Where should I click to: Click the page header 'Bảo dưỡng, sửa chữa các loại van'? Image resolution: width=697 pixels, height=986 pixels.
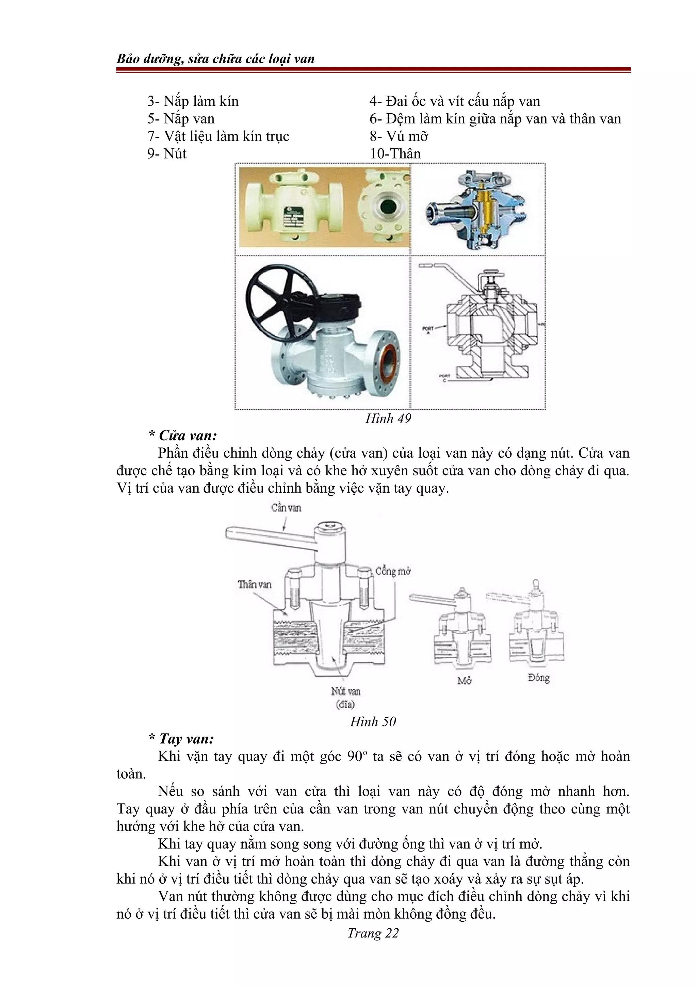pyautogui.click(x=215, y=59)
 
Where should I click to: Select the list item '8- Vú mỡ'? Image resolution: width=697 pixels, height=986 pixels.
pyautogui.click(x=399, y=136)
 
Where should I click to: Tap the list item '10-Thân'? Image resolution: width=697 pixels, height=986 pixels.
pyautogui.click(x=395, y=154)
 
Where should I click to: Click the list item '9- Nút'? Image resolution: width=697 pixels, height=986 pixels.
pyautogui.click(x=167, y=154)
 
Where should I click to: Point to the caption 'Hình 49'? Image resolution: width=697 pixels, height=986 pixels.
pyautogui.click(x=388, y=418)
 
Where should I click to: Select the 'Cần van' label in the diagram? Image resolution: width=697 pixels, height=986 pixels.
pyautogui.click(x=286, y=508)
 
